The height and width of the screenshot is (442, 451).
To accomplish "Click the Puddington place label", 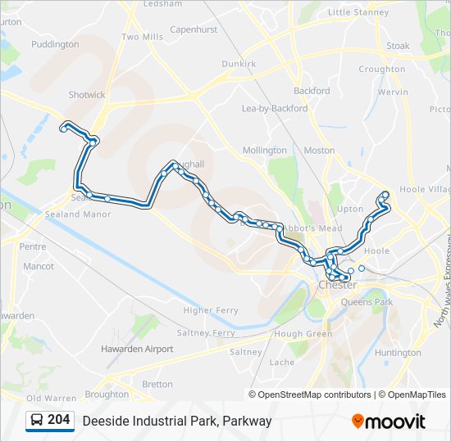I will [56, 44].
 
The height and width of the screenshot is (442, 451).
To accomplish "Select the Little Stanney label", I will [358, 12].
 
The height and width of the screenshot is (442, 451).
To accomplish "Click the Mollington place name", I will [265, 151].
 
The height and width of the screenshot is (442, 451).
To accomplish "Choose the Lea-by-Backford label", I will [275, 108].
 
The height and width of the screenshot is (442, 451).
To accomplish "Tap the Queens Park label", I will [367, 302].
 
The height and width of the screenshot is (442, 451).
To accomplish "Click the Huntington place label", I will [397, 353].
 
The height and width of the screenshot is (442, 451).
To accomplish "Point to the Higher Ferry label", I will [211, 310].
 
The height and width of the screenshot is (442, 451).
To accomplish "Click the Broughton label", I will [107, 394].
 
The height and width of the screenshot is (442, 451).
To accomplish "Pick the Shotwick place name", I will [87, 95].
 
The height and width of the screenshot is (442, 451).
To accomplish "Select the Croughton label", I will [382, 70].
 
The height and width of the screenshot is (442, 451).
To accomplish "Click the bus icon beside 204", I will [37, 421].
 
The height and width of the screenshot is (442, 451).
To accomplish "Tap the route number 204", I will [59, 420].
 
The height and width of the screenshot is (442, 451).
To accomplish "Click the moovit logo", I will [389, 421].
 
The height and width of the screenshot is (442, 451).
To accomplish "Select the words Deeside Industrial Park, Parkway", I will [176, 421].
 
